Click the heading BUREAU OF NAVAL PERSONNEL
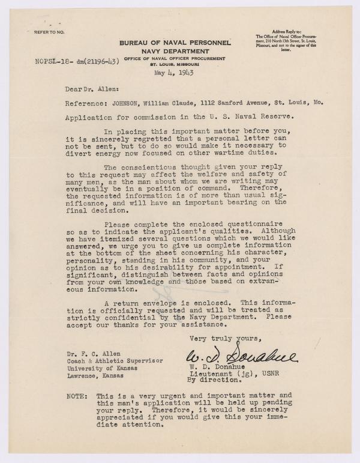(175, 43)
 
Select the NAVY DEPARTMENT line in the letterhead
(175, 52)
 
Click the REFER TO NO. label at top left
(49, 29)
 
